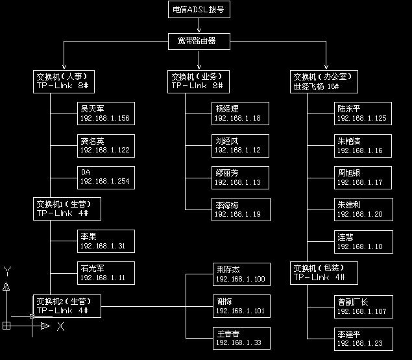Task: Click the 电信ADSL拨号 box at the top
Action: point(199,9)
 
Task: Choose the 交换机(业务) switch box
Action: point(199,80)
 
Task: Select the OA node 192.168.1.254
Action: point(105,177)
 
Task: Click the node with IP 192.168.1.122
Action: point(105,145)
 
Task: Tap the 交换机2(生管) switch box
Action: point(67,305)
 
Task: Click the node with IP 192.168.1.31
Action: point(105,241)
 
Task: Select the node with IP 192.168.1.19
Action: point(239,209)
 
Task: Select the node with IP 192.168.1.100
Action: point(239,274)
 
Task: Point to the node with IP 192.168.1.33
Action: point(239,338)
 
